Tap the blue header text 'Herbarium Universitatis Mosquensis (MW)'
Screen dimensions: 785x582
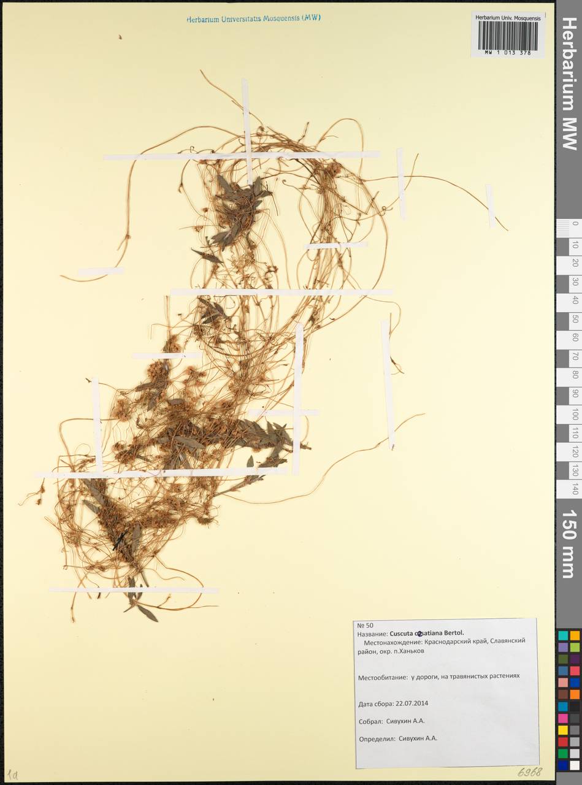[253, 19]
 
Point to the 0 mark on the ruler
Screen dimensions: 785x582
[575, 224]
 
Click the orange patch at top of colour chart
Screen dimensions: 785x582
[575, 636]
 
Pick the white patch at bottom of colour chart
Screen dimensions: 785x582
[575, 765]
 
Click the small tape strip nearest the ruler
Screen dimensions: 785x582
[490, 205]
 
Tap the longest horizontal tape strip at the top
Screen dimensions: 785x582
[242, 156]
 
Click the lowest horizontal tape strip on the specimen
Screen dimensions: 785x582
[133, 590]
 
